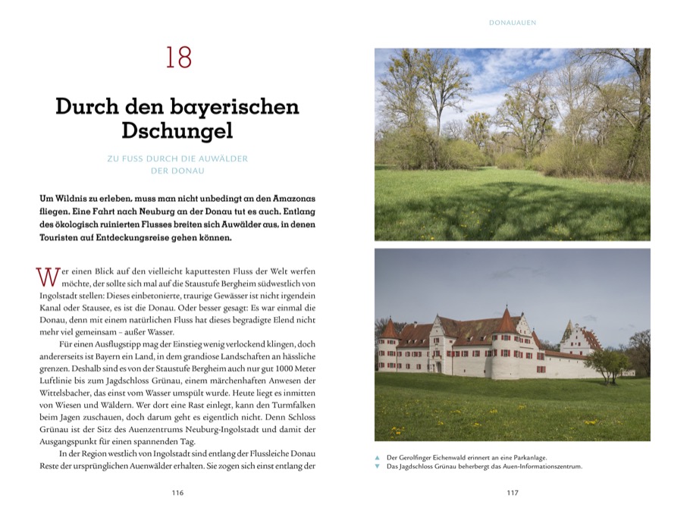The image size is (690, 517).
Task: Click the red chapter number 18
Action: point(179,58)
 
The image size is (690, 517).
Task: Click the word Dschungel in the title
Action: point(177,130)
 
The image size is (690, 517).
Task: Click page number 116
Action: point(177,493)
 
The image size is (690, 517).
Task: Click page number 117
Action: point(512,493)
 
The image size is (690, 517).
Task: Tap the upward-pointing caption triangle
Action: point(378,458)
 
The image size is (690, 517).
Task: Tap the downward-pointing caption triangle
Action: point(378,467)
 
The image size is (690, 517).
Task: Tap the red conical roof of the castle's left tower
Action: point(390,329)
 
